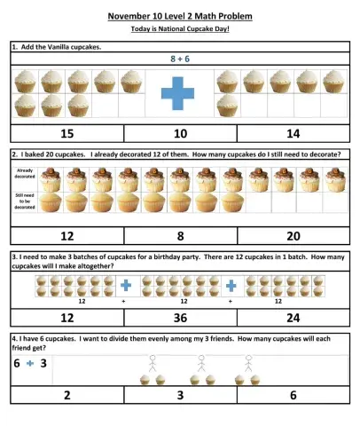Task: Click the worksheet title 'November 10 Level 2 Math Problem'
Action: [180, 16]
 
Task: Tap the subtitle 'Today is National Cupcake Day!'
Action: [180, 29]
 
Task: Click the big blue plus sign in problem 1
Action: [180, 92]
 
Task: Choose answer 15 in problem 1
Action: [67, 133]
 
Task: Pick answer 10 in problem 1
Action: [180, 133]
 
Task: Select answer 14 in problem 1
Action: [293, 133]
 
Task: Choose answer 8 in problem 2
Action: [180, 236]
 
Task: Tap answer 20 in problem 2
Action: [293, 236]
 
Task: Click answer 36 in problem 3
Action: [180, 317]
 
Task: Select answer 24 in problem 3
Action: [293, 317]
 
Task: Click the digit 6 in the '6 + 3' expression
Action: [17, 364]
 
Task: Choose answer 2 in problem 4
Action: [67, 395]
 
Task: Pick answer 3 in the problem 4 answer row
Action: [180, 395]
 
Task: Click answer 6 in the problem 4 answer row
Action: [293, 395]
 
